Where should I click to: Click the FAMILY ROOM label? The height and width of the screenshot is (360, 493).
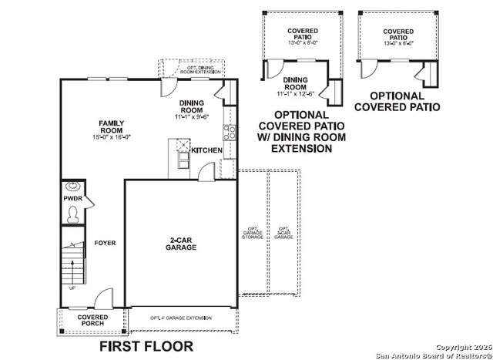112,126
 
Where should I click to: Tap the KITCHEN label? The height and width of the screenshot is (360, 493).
206,150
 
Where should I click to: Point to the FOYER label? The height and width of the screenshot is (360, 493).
105,243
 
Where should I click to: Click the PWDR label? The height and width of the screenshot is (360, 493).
73,199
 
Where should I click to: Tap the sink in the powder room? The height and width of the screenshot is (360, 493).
73,186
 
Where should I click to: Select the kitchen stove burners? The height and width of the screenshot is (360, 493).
228,130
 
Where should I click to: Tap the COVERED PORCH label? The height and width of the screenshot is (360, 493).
92,319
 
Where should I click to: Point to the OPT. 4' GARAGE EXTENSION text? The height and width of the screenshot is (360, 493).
181,318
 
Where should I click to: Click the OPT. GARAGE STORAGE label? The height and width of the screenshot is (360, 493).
253,233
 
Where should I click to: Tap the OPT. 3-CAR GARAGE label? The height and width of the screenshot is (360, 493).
283,233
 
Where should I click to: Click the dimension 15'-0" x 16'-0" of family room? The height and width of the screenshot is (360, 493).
112,136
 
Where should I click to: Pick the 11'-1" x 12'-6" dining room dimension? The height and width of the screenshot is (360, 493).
295,92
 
